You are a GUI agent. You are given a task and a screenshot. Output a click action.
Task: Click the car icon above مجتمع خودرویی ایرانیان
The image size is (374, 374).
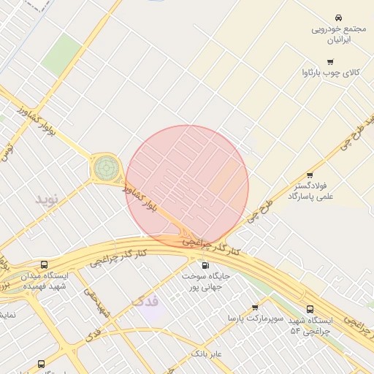pyautogui.click(x=339, y=18)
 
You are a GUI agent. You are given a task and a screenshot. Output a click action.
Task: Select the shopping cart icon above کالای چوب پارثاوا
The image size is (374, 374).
pyautogui.click(x=330, y=62)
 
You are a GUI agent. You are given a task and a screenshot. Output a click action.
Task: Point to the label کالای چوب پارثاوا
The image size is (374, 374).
pyautogui.click(x=330, y=73)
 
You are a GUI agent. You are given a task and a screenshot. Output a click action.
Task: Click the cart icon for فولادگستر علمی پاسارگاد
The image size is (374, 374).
pyautogui.click(x=310, y=175)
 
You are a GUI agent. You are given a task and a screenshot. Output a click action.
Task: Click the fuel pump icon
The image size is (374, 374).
pyautogui.click(x=204, y=265)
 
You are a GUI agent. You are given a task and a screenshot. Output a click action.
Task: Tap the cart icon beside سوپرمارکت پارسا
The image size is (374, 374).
pyautogui.click(x=255, y=308)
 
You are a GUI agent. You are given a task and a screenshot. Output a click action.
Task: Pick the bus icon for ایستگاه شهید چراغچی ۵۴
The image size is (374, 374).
pyautogui.click(x=310, y=309)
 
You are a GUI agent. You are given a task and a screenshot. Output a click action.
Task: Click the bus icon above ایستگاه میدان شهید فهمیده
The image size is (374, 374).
pyautogui.click(x=45, y=265)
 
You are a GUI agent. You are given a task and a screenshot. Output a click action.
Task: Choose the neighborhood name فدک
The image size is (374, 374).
pyautogui.click(x=145, y=301)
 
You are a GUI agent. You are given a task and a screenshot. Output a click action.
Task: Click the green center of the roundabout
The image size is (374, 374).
pyautogui.click(x=105, y=169)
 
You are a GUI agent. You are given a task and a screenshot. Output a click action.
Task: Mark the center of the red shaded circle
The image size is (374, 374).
pyautogui.click(x=187, y=186)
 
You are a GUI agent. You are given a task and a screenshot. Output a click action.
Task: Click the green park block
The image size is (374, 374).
pyautogui.click(x=61, y=56)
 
